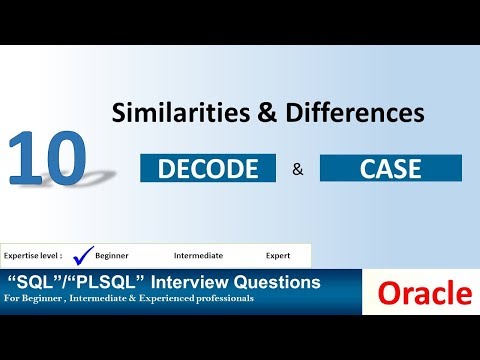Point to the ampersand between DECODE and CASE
tap(297, 169)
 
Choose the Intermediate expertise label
tap(197, 256)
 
